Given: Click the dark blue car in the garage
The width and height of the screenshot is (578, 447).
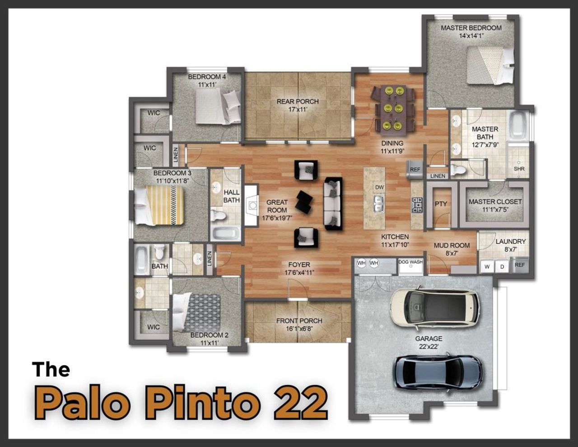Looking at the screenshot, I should (438, 373).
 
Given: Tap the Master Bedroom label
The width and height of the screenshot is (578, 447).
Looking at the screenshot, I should (471, 28).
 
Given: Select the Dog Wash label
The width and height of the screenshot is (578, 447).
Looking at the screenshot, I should (410, 262).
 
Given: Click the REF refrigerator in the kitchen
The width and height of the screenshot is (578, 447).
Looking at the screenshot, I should (415, 169).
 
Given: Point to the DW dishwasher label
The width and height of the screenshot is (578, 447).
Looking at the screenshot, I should (379, 187).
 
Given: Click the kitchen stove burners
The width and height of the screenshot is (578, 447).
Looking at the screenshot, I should (416, 205).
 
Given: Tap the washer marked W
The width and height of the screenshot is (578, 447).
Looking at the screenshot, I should (487, 266).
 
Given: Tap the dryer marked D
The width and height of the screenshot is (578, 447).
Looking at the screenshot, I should (502, 266).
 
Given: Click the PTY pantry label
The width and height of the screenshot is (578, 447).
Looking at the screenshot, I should (441, 204).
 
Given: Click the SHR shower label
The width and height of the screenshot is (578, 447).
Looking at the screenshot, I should (519, 169).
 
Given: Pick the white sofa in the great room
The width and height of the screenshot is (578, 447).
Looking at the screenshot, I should (333, 203).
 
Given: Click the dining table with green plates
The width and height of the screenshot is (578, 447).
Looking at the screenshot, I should (393, 109).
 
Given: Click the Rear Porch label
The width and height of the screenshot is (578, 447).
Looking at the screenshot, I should (298, 102).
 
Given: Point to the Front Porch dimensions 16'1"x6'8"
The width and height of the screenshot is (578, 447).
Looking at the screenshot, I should (299, 329).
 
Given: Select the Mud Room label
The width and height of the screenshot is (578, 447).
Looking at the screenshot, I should (452, 245).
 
